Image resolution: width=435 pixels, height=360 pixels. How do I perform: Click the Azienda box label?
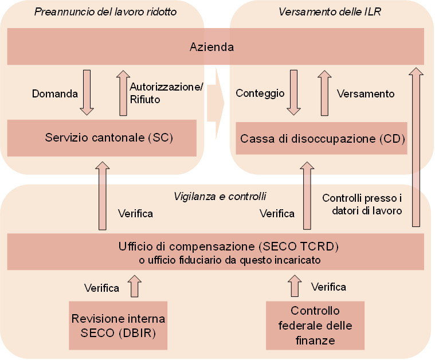click(x=211, y=47)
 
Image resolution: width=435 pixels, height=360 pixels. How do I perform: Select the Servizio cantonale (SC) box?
click(x=102, y=138)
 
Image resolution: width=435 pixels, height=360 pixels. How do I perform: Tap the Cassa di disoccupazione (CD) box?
click(x=322, y=138)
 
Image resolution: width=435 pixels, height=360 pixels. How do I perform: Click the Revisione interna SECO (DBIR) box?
click(x=118, y=325)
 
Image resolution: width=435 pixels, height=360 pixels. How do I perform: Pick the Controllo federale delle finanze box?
click(x=315, y=325)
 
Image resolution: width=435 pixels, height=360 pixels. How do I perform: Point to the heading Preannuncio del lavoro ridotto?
click(x=105, y=12)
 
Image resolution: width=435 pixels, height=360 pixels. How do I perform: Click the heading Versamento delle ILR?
click(x=330, y=12)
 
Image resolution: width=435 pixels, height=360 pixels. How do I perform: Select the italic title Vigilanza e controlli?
click(x=220, y=196)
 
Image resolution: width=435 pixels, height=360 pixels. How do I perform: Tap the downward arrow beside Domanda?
click(x=87, y=92)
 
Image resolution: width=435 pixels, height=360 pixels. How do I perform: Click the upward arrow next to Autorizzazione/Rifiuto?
click(x=123, y=93)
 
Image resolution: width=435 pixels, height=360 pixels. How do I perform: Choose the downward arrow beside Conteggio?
click(x=293, y=92)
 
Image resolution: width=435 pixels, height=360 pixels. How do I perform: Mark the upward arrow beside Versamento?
click(x=324, y=93)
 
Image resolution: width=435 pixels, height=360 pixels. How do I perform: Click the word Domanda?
click(x=55, y=94)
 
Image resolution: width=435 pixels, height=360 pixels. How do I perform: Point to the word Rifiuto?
click(x=145, y=99)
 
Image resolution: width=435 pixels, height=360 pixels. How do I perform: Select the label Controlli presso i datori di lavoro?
click(x=362, y=204)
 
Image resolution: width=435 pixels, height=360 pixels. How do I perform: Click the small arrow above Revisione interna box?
click(x=135, y=286)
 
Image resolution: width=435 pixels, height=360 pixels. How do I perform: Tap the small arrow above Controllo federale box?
click(x=295, y=286)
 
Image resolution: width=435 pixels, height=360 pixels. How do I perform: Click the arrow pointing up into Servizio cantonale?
click(x=103, y=195)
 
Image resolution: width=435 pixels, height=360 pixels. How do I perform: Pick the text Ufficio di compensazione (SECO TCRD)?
click(x=229, y=246)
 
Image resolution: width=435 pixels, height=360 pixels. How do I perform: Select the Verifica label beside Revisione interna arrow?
click(x=101, y=288)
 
